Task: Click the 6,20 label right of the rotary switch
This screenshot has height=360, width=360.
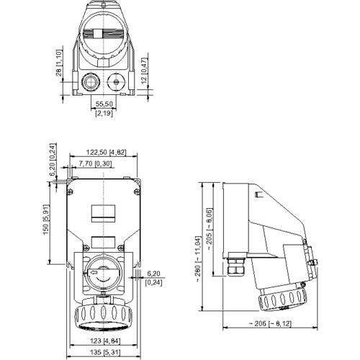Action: (x=153, y=274)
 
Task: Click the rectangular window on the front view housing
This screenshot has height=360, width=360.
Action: (x=103, y=214)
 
